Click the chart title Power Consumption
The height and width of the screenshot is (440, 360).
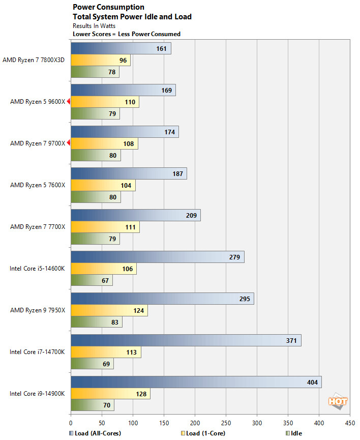tap(108, 7)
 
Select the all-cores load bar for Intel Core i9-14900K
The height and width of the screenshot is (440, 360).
tap(196, 382)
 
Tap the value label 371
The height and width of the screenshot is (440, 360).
tap(291, 340)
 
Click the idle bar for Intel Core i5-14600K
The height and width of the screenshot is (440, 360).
tap(92, 280)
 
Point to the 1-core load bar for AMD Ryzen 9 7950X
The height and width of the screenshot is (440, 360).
tap(109, 310)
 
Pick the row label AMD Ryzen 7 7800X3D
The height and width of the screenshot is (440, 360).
tap(34, 60)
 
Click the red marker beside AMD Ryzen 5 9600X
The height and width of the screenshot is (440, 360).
tap(68, 102)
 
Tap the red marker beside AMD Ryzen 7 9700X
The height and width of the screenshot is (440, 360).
tap(68, 143)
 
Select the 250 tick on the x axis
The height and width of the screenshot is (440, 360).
tap(226, 422)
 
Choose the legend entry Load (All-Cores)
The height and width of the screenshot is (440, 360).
tap(97, 433)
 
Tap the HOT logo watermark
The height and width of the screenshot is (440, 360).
tap(338, 401)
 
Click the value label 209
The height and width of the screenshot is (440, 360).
tap(191, 215)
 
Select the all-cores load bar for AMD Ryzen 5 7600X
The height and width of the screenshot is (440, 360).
tap(129, 173)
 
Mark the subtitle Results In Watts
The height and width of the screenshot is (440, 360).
tap(94, 25)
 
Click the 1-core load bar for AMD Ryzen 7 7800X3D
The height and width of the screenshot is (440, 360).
tap(100, 60)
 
